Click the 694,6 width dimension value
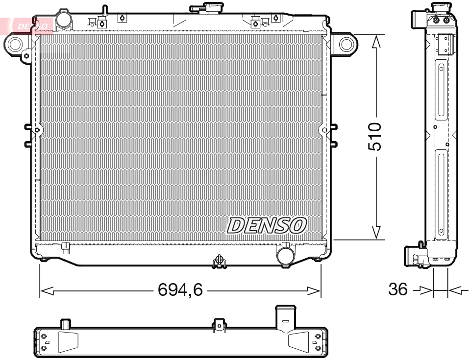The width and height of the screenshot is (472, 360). pyautogui.click(x=180, y=290)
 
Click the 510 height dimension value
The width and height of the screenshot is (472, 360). pyautogui.click(x=375, y=137)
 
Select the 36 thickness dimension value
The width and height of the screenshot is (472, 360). pyautogui.click(x=397, y=289)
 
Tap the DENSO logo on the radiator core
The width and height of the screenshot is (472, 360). pyautogui.click(x=267, y=225)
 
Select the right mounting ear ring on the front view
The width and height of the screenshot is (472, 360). pyautogui.click(x=347, y=44)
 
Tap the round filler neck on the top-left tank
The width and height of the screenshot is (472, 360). pyautogui.click(x=64, y=19)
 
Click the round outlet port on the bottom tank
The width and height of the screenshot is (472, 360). pyautogui.click(x=285, y=255)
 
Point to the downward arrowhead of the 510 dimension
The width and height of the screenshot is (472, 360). pyautogui.click(x=376, y=232)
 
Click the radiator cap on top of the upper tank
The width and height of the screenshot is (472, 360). pyautogui.click(x=207, y=8)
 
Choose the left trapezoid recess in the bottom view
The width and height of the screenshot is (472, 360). pyautogui.click(x=68, y=341)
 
